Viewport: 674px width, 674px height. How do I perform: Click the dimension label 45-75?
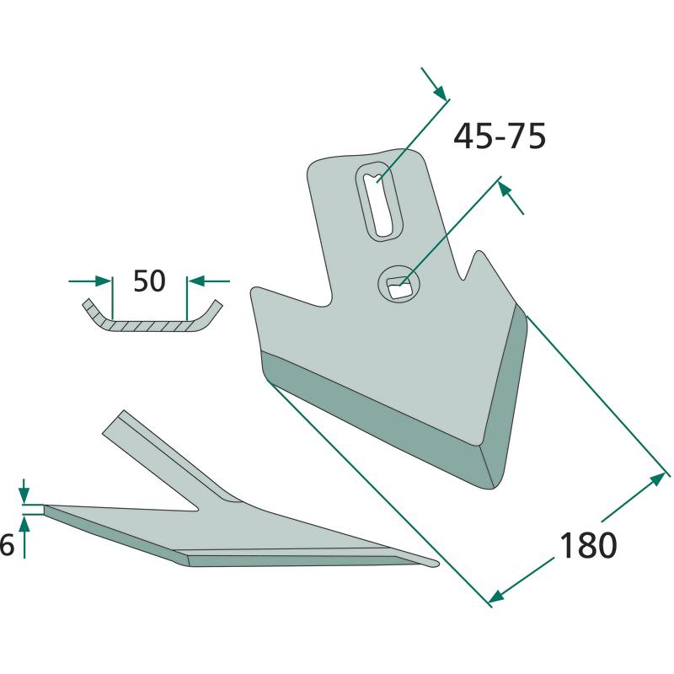tap(500, 136)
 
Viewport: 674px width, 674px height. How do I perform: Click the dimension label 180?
tap(587, 545)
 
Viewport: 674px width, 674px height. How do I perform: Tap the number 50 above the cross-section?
tap(149, 281)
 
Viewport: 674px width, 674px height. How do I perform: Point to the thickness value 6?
tap(7, 545)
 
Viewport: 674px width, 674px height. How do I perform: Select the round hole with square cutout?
tap(399, 284)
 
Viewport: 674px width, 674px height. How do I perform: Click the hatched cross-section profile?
tap(152, 320)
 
